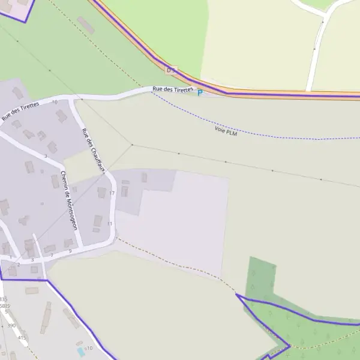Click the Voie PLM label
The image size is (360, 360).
pos(226,130)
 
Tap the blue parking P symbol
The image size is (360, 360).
pos(200,92)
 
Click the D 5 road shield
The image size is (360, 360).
pos(172,70)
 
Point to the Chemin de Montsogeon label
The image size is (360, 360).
pos(65,200)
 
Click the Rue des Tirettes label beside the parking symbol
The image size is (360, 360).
pos(173,89)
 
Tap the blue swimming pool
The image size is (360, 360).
pos(81,351)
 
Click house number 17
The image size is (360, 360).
pos(112,193)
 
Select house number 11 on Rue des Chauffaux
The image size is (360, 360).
pos(109,224)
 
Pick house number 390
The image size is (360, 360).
pos(11,326)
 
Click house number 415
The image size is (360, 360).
pos(22,338)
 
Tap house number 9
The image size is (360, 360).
pos(70,251)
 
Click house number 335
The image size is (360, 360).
pos(4,299)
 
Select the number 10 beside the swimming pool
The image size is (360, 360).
pos(90,348)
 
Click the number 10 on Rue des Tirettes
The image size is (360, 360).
pos(55,103)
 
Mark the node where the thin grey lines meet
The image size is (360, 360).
pos(132,145)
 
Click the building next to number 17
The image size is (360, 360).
pos(101,193)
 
